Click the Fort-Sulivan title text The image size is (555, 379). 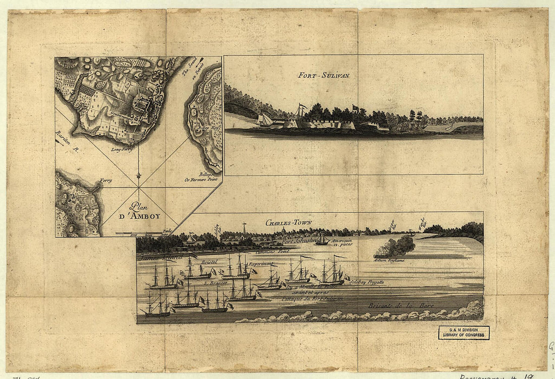[x=323, y=76]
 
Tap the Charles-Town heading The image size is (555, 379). [x=289, y=222]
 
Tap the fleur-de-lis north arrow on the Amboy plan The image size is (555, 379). [x=138, y=176]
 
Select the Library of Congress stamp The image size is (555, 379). [x=464, y=333]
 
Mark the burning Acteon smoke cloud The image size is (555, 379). [x=395, y=247]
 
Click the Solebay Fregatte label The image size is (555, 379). [x=367, y=281]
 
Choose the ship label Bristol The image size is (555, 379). [x=208, y=263]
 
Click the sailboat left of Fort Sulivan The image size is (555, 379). [x=265, y=120]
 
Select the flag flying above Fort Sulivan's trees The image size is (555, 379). [x=355, y=107]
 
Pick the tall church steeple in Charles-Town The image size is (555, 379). [x=244, y=228]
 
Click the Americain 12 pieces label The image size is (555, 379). [x=342, y=243]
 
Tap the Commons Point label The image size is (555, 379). [x=270, y=251]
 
